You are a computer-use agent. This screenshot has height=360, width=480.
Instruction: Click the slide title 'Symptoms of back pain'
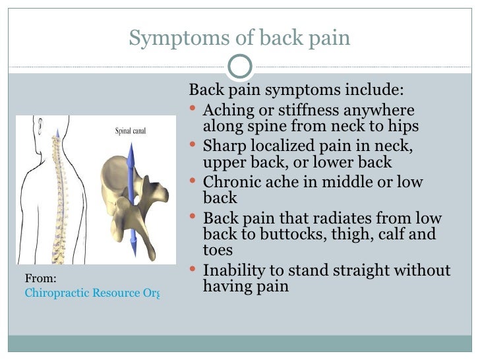(x=239, y=38)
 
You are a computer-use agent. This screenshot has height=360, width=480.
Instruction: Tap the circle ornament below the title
(x=239, y=66)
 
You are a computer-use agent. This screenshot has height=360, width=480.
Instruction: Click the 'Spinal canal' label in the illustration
(x=131, y=131)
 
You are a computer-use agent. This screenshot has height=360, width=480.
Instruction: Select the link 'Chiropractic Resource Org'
(x=92, y=292)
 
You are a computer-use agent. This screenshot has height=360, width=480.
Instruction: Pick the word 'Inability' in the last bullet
(x=234, y=270)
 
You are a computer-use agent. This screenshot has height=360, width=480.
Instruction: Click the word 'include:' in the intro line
(x=378, y=90)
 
